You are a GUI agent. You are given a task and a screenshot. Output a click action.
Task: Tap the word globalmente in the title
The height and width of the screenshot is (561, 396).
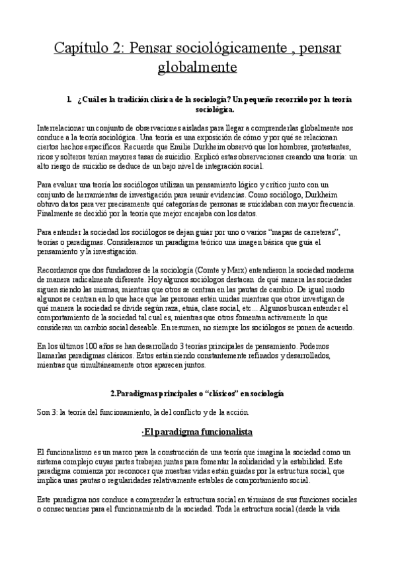click(x=197, y=67)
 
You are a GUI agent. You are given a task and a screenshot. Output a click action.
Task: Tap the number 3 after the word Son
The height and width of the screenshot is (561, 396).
click(x=54, y=413)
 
